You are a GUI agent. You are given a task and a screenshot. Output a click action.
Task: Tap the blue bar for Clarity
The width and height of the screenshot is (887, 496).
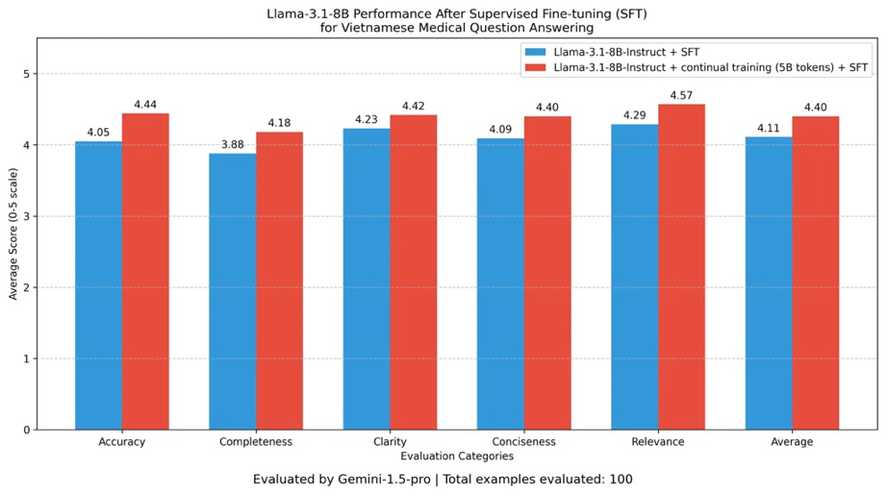(x=367, y=279)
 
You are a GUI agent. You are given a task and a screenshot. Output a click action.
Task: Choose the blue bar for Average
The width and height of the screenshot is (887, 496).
(x=769, y=283)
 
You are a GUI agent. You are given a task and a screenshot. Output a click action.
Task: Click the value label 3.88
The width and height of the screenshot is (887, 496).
(x=233, y=145)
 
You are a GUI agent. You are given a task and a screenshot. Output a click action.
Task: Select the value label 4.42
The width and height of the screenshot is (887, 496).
(x=414, y=107)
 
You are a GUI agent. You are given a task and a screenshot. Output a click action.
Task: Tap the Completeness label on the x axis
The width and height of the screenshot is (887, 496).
(x=256, y=442)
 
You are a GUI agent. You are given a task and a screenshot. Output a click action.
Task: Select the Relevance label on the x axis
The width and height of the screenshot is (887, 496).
(x=658, y=442)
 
